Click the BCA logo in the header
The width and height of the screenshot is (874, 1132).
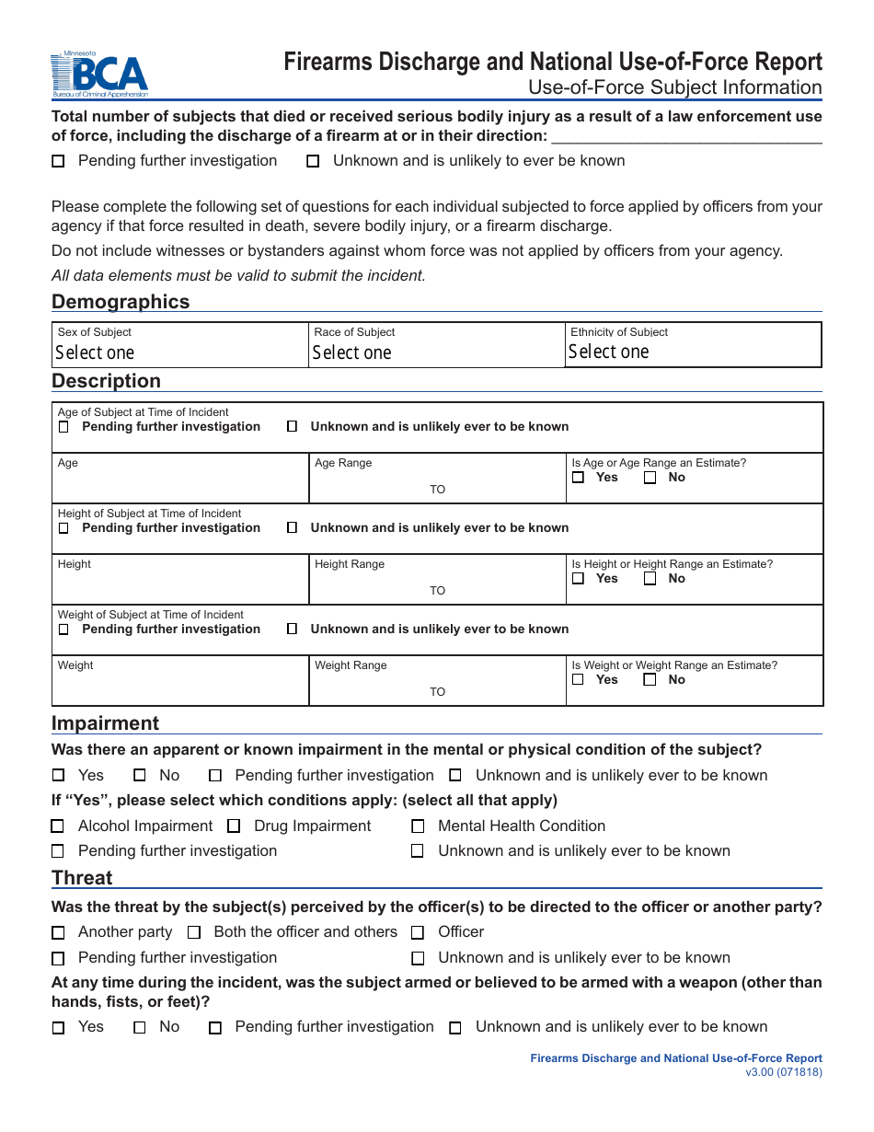click(99, 75)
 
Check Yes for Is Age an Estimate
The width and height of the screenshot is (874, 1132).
click(578, 478)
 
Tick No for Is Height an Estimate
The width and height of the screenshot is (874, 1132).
click(650, 579)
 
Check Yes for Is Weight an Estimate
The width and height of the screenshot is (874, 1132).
click(578, 680)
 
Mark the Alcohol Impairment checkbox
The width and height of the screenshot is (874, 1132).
click(58, 826)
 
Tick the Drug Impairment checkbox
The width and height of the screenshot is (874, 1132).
click(234, 826)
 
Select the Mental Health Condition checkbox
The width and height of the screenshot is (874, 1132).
click(418, 826)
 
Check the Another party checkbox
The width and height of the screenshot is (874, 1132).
click(58, 932)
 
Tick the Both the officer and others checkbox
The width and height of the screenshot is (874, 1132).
click(194, 932)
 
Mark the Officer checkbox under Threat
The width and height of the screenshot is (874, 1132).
click(418, 932)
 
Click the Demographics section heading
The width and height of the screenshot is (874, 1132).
click(121, 302)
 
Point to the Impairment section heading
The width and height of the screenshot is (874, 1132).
click(105, 723)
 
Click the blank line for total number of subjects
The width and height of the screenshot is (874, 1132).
click(685, 137)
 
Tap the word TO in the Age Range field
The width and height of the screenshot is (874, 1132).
click(437, 490)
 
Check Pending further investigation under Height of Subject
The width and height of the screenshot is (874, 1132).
click(63, 528)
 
